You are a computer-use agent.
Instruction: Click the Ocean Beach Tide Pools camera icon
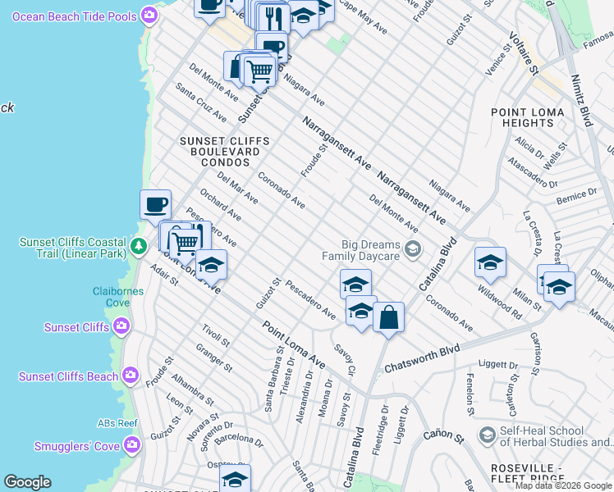pyautogui.click(x=149, y=14)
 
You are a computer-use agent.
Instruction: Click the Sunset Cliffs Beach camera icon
pyautogui.click(x=130, y=376)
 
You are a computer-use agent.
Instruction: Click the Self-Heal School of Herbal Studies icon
pyautogui.click(x=487, y=434)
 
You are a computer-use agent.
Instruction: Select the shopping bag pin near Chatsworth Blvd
pyautogui.click(x=388, y=317)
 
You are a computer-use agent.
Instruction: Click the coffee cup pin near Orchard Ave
pyautogui.click(x=155, y=204)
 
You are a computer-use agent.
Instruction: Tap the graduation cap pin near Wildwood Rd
pyautogui.click(x=490, y=262)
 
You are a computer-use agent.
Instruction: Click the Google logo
pyautogui.click(x=27, y=482)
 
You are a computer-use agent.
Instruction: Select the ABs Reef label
pyautogui.click(x=117, y=423)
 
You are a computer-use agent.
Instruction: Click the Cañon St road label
pyautogui.click(x=443, y=435)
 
